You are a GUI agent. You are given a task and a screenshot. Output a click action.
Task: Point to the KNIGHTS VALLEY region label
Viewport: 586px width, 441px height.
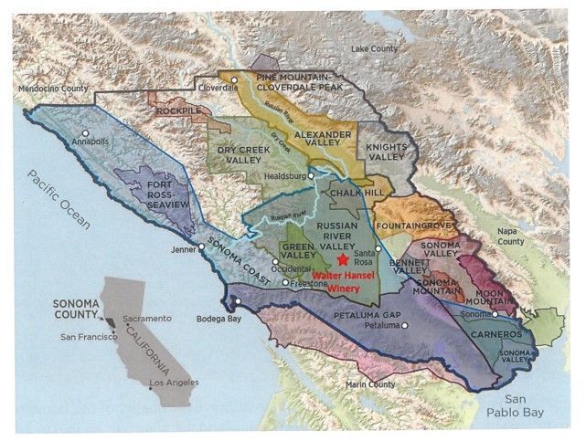coord(385,152)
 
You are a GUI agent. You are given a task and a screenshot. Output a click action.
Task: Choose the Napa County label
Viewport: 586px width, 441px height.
coord(510,236)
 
